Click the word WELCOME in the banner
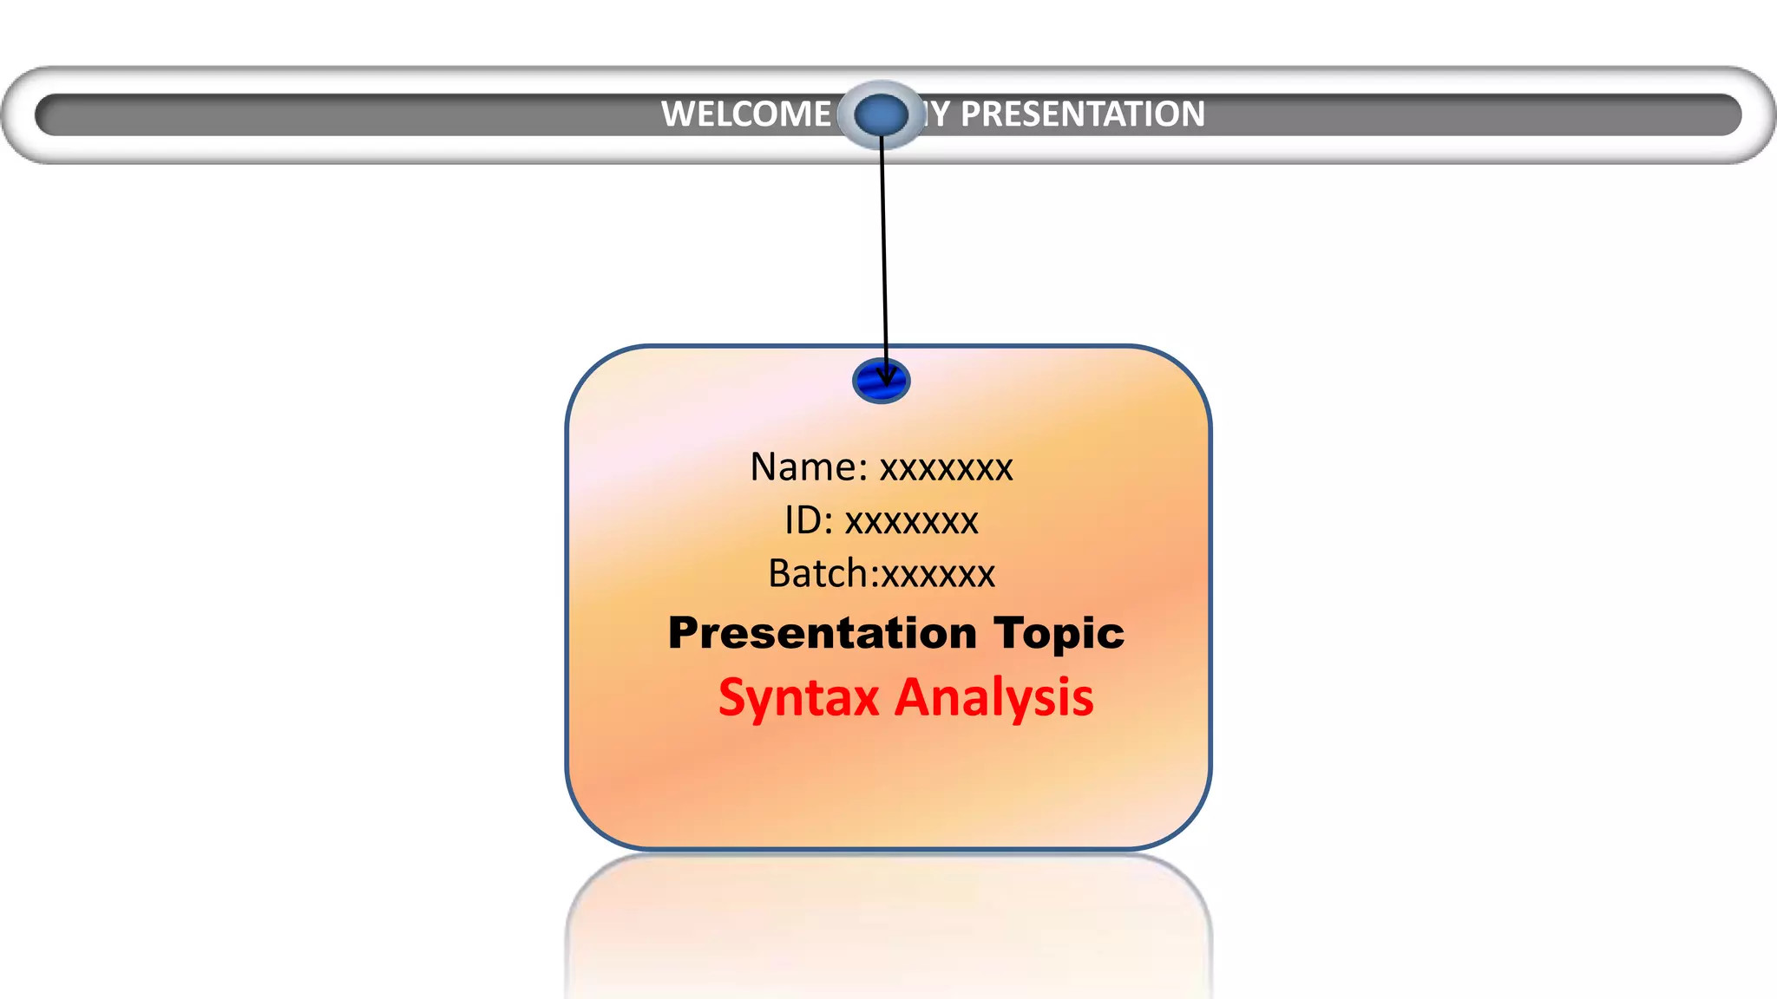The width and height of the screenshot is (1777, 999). point(746,114)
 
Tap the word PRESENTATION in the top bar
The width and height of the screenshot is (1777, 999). point(1082,114)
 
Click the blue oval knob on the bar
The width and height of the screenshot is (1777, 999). point(881,114)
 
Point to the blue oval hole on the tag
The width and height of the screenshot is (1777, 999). point(881,382)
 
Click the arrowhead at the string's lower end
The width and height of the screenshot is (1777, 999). point(886,378)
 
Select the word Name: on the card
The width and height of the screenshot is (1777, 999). point(809,467)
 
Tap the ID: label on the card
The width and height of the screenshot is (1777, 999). point(809,521)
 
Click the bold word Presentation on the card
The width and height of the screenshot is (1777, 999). point(823,634)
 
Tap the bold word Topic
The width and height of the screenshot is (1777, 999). point(1059,634)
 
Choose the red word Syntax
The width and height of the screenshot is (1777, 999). point(798,699)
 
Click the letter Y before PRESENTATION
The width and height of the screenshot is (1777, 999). point(941,114)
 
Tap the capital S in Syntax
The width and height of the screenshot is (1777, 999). point(733,698)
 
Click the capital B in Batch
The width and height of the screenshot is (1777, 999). point(780,574)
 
